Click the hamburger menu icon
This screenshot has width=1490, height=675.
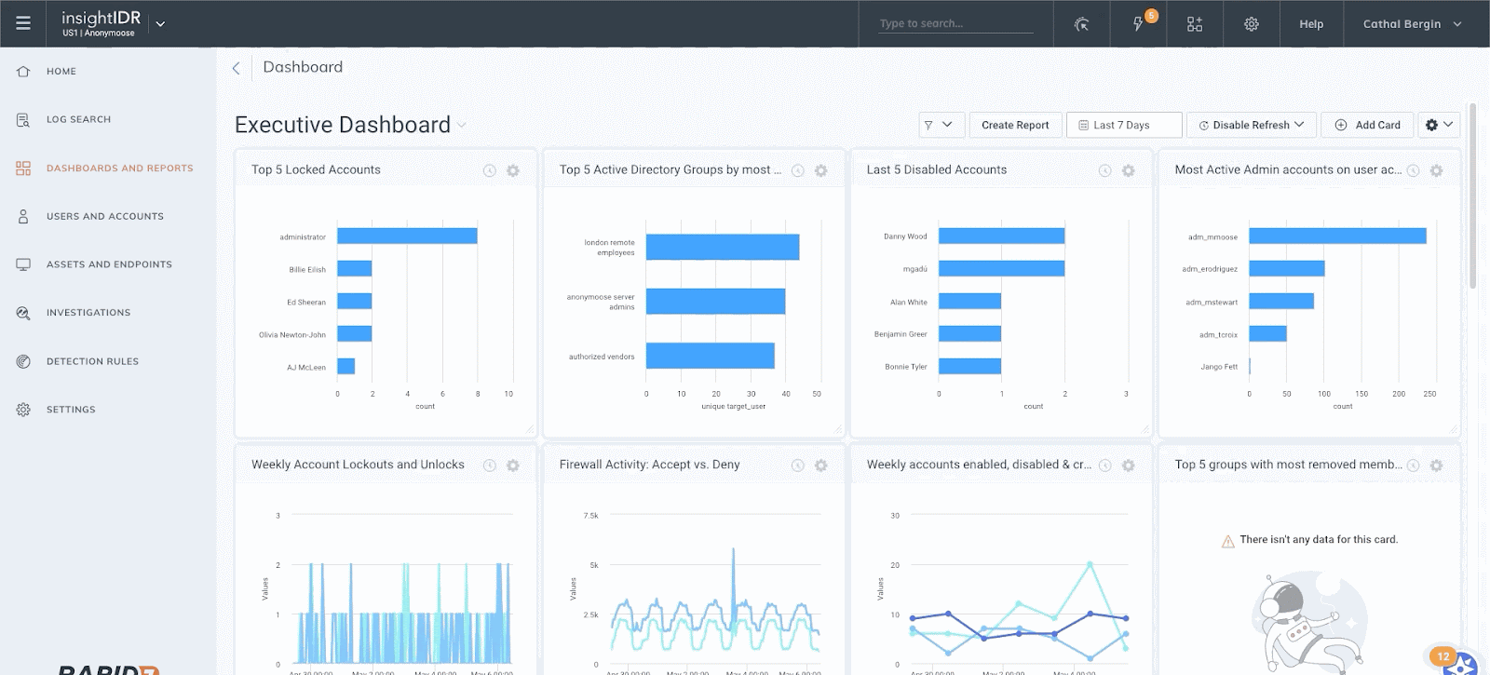point(23,23)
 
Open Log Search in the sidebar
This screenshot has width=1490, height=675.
point(78,119)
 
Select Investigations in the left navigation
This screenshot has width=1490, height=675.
point(88,313)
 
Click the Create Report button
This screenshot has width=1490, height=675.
point(1014,125)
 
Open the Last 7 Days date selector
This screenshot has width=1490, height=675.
point(1123,125)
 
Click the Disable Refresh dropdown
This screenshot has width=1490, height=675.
point(1252,125)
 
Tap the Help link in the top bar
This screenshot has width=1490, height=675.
point(1311,24)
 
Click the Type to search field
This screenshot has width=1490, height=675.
point(955,23)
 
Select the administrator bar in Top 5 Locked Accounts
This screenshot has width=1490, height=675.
point(407,236)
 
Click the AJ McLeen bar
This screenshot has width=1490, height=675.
point(345,367)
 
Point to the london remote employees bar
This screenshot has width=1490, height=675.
point(722,247)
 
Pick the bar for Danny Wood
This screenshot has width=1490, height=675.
point(1001,236)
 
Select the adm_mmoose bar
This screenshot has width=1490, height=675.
point(1337,236)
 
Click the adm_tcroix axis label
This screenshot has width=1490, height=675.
point(1218,334)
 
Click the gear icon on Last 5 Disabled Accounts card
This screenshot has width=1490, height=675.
point(1128,170)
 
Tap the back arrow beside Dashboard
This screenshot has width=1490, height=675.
point(237,68)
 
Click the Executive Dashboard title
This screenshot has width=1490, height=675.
point(343,125)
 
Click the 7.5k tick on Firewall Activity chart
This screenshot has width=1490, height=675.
point(590,515)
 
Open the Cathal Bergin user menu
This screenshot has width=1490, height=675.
point(1411,24)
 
